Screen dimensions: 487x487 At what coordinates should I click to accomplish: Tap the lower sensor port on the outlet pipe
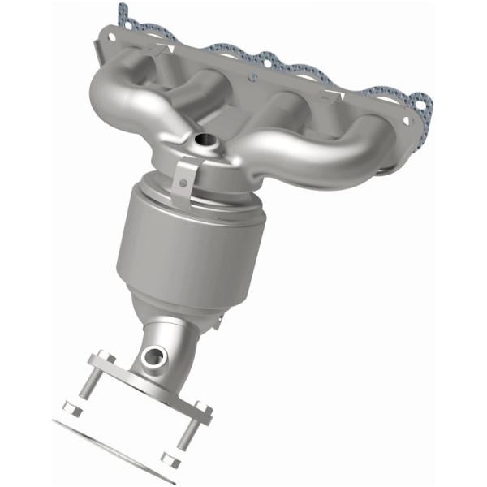click(153, 355)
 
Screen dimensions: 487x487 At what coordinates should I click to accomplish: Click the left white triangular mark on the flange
click(168, 50)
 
